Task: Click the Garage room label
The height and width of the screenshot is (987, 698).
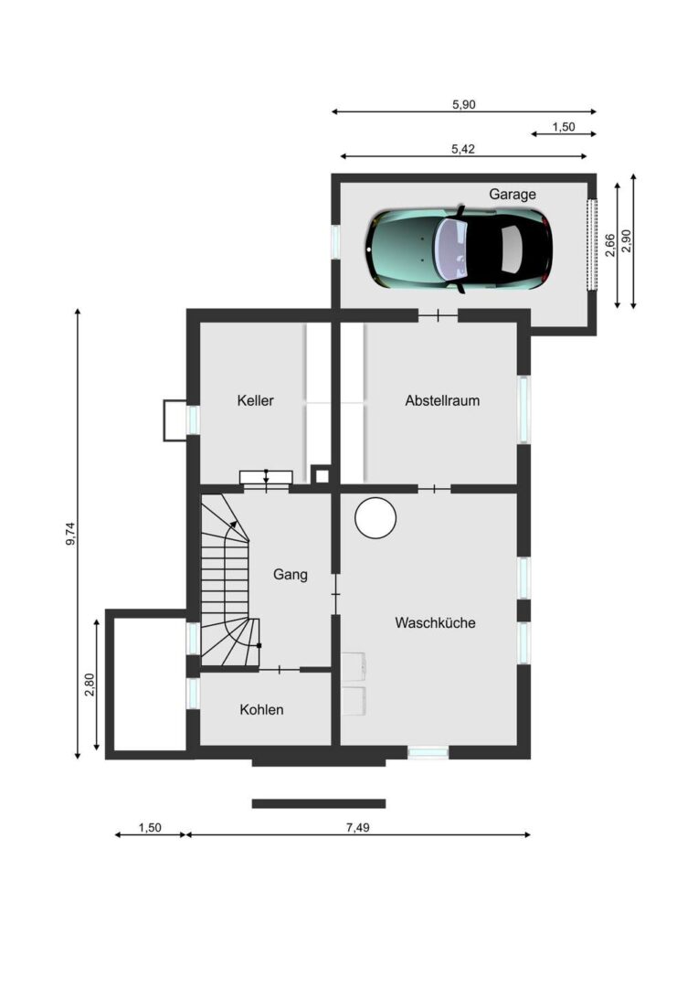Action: coord(513,195)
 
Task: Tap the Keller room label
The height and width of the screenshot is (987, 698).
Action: coord(256,400)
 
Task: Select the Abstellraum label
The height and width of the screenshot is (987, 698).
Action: coord(442,400)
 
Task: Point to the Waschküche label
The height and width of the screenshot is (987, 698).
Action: coord(435,622)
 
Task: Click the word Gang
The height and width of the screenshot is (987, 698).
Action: coord(291,575)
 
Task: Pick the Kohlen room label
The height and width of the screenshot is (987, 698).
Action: coord(262,709)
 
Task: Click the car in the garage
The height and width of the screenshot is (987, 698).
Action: coord(459,249)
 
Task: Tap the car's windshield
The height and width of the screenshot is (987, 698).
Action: coord(452,249)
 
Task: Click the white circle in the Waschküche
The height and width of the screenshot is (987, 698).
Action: coord(375,517)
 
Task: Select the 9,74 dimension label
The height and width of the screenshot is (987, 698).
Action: coord(70,534)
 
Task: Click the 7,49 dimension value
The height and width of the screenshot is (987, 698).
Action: coord(357,827)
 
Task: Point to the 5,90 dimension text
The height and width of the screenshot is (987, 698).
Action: coord(464,104)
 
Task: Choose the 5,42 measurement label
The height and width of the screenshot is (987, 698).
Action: coord(463,149)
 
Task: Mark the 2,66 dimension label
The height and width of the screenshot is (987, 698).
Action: coord(609,245)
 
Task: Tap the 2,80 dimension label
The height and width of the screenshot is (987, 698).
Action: coord(90,685)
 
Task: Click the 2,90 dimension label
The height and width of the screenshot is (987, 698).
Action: coord(626,241)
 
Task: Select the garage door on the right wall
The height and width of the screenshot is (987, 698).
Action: coord(592,244)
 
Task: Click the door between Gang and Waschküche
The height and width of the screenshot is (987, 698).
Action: coord(335,594)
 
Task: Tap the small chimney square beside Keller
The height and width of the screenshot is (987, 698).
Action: coord(322,475)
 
